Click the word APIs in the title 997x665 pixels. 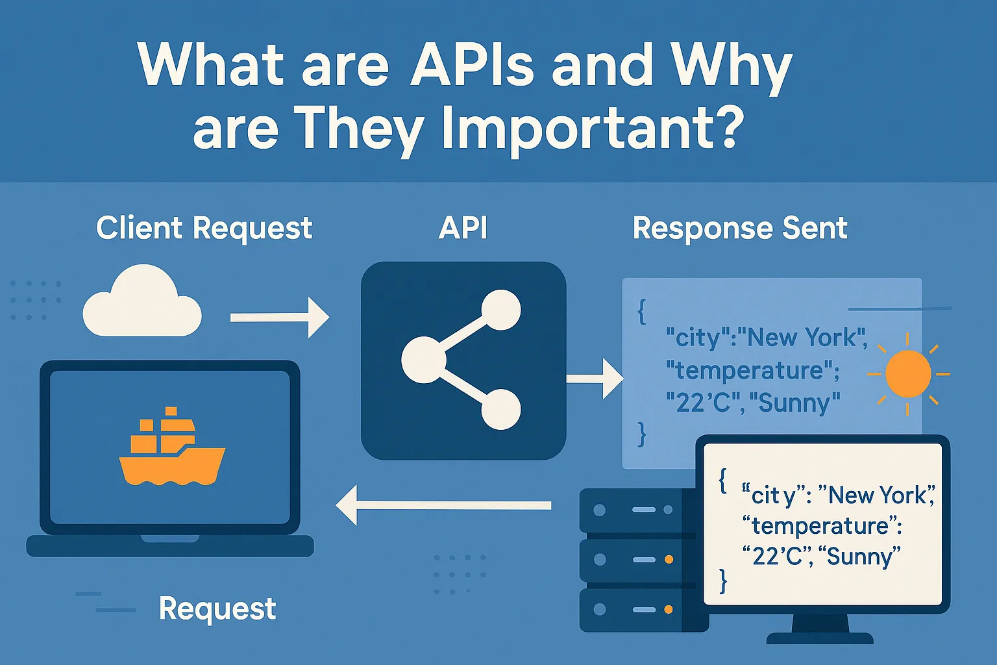tap(472, 65)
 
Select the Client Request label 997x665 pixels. tap(204, 229)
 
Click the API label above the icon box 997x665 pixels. tap(463, 229)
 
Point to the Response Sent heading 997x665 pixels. tap(740, 229)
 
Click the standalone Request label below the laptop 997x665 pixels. tap(217, 609)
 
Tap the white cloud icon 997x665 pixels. tap(142, 303)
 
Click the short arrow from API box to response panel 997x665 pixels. tap(595, 378)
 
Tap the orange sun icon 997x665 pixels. tap(907, 374)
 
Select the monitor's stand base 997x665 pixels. tap(820, 637)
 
